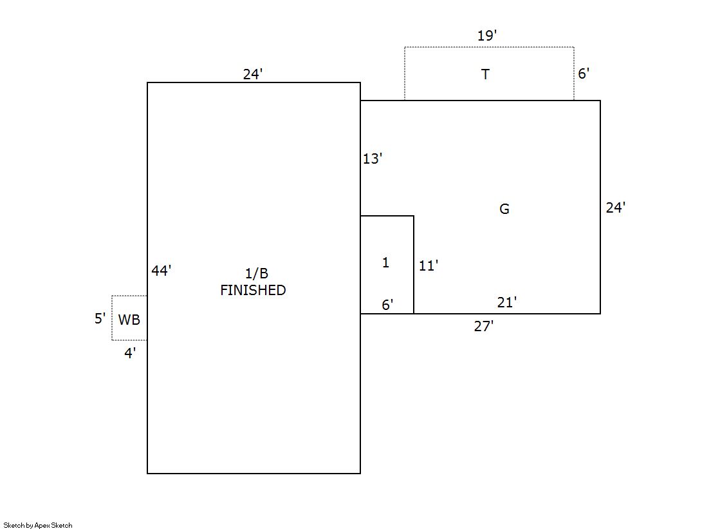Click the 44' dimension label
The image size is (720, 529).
point(161,271)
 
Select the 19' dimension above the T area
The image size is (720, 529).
point(487,36)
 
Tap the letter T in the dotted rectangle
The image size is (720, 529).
point(485,75)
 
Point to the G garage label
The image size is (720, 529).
point(504,209)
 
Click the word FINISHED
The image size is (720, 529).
point(253,291)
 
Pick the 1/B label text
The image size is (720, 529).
point(252,274)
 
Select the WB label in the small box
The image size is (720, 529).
point(129,320)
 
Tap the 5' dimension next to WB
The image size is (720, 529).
point(100,318)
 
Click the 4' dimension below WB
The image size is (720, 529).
point(130,353)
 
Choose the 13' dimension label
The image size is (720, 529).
point(373,159)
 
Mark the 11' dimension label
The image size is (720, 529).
point(429,265)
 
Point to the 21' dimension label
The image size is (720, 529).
point(507,302)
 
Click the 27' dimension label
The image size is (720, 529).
point(483,327)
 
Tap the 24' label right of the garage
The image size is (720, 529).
point(616,207)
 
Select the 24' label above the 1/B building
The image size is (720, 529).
point(253,74)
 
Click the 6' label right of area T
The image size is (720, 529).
point(583,74)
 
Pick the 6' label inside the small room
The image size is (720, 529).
point(387,305)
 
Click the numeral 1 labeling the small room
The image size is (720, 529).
point(385,262)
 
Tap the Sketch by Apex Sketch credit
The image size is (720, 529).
point(38,525)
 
